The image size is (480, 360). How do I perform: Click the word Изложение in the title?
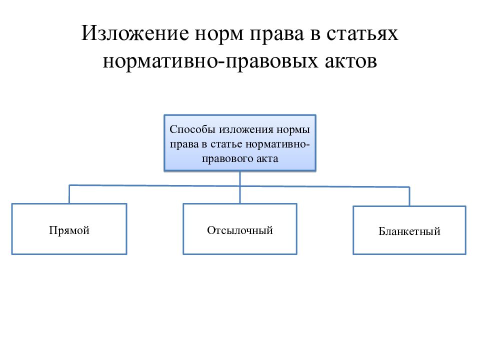135,33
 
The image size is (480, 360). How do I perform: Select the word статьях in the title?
362,33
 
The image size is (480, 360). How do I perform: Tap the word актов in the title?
351,61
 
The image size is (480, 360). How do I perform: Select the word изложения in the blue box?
246,130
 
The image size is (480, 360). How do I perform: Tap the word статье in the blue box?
226,144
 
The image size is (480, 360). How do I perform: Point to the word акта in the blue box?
267,159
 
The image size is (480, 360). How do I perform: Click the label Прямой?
69,230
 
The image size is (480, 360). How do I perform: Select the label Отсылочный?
240,230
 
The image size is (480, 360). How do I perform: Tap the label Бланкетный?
409,231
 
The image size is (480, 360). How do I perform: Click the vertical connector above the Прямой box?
69,194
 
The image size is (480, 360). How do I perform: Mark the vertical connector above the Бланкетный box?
409,196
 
